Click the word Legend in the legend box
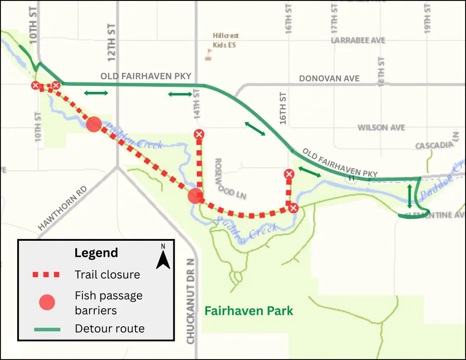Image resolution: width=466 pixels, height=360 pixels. [x=96, y=253]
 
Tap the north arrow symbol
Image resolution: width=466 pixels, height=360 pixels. [x=163, y=257]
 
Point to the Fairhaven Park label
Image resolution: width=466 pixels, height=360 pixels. [x=249, y=310]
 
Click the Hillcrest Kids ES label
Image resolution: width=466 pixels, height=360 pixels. [x=226, y=40]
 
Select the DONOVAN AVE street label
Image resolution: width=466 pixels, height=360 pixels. [x=329, y=79]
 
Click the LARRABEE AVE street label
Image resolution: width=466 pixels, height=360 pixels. [x=358, y=40]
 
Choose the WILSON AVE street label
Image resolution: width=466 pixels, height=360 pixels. [x=381, y=128]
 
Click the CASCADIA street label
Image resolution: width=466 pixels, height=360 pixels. [x=434, y=146]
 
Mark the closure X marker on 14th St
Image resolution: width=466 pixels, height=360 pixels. [x=199, y=134]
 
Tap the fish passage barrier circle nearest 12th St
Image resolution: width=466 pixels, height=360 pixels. [x=94, y=124]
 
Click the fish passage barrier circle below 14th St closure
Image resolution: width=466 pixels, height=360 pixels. [x=195, y=196]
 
